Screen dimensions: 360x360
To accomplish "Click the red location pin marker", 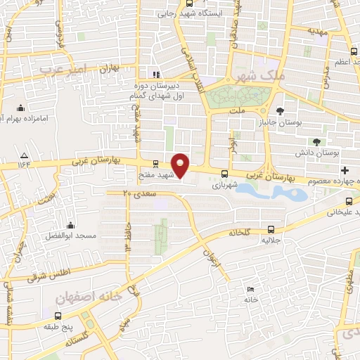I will (x=181, y=165).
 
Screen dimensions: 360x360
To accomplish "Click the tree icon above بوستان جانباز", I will (x=280, y=110).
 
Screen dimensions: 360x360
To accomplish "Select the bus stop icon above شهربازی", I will (x=225, y=174).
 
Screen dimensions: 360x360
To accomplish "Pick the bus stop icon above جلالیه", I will (x=271, y=229).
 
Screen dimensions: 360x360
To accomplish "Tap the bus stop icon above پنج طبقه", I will (x=49, y=314).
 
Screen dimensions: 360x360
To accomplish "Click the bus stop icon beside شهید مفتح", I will (x=155, y=164).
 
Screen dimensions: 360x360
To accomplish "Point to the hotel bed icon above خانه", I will (x=251, y=290).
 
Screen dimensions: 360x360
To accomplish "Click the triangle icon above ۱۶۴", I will (x=25, y=155).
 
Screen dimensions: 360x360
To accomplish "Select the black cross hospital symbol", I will (x=345, y=171).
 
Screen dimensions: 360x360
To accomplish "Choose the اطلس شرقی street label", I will (x=43, y=275).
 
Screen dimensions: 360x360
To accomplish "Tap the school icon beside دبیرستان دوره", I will (x=156, y=75).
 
